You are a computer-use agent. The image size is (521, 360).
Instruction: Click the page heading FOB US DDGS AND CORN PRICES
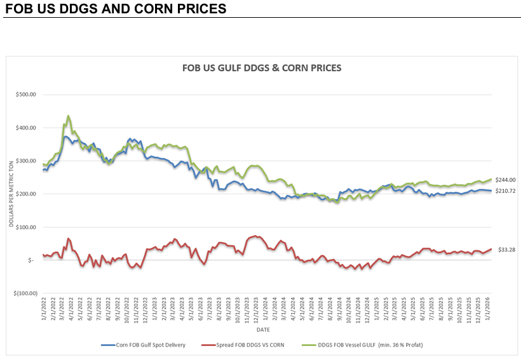[x=114, y=9]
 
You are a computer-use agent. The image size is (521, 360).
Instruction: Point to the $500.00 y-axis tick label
[x=25, y=95]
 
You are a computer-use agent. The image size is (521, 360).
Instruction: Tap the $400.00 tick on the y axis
[x=25, y=128]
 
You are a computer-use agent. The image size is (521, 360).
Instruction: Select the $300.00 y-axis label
[x=25, y=161]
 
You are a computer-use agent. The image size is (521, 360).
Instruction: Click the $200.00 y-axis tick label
[x=25, y=194]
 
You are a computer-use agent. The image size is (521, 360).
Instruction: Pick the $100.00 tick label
[x=25, y=227]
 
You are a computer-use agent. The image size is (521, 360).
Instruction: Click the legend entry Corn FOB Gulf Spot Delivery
[x=147, y=345]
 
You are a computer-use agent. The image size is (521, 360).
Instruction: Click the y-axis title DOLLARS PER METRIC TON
[x=11, y=194]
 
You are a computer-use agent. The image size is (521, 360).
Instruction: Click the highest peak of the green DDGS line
[x=68, y=116]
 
